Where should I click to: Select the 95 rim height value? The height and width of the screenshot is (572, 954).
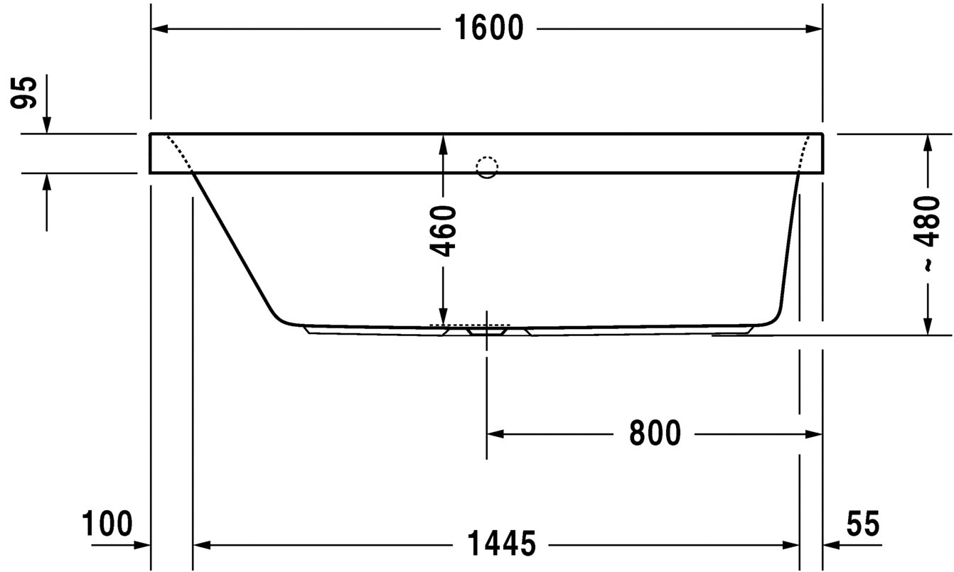(26, 92)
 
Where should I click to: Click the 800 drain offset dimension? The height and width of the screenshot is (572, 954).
(655, 433)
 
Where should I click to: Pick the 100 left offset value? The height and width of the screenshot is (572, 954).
(107, 524)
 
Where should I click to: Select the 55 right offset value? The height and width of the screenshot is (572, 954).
(862, 524)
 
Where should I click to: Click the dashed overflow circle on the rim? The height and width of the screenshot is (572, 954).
(487, 167)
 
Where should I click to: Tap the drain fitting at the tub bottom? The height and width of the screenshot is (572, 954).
(487, 330)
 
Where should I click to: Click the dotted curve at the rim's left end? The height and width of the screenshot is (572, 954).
(178, 151)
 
